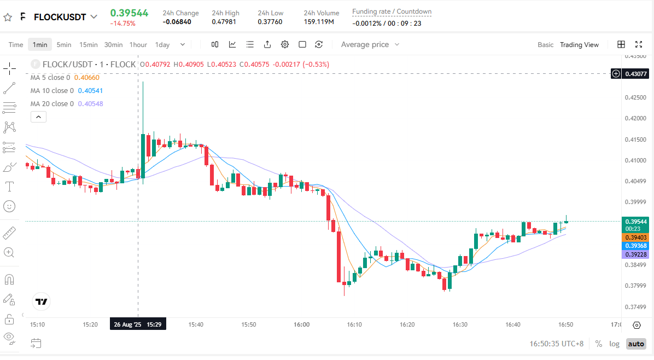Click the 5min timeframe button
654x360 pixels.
tap(64, 45)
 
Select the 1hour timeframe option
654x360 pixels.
tap(138, 45)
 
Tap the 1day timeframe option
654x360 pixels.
tap(162, 45)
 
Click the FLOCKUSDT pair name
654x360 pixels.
tap(60, 17)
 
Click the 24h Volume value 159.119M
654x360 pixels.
tap(319, 22)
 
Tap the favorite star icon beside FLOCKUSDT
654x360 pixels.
tap(8, 17)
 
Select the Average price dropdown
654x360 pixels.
tap(370, 45)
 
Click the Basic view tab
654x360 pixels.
tap(545, 45)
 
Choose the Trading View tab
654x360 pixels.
tap(579, 45)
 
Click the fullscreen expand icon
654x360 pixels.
tap(638, 44)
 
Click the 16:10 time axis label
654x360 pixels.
tap(354, 324)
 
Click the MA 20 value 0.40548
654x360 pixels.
tap(90, 104)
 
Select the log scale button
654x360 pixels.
tap(615, 344)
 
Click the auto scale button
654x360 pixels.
tap(635, 344)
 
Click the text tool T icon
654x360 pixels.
tap(9, 187)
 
